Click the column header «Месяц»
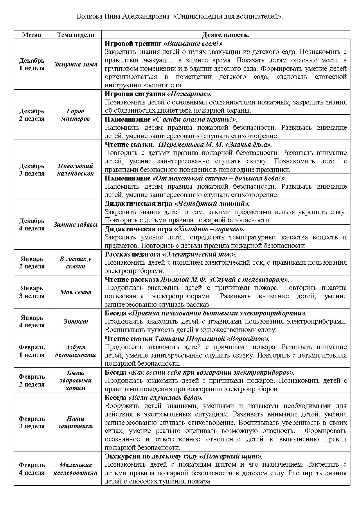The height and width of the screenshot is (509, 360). point(32,35)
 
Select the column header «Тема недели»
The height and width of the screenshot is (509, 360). point(75,35)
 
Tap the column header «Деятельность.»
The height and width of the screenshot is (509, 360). point(226,35)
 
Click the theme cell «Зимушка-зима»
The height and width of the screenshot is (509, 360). point(75,64)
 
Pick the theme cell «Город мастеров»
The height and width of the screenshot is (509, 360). point(75,115)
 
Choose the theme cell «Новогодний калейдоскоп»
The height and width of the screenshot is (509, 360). point(75,170)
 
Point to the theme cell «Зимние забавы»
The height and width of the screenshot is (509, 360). point(75,225)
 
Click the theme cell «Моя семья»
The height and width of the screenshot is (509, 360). point(75,292)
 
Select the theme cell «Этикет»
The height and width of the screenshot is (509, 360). point(75,321)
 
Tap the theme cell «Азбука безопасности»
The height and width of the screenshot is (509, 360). point(75,351)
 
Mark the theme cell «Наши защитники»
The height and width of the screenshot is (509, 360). point(75,422)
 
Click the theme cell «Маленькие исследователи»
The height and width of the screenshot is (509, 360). point(75,469)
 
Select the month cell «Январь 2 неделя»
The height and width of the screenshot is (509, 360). point(32,262)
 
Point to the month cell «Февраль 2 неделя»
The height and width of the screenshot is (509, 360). point(32,380)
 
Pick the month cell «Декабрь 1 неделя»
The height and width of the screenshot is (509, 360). point(32,64)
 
